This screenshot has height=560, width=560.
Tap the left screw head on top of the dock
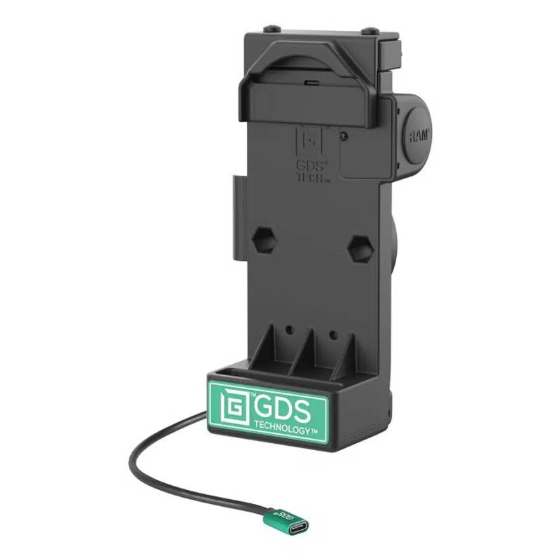pyautogui.click(x=267, y=29)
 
